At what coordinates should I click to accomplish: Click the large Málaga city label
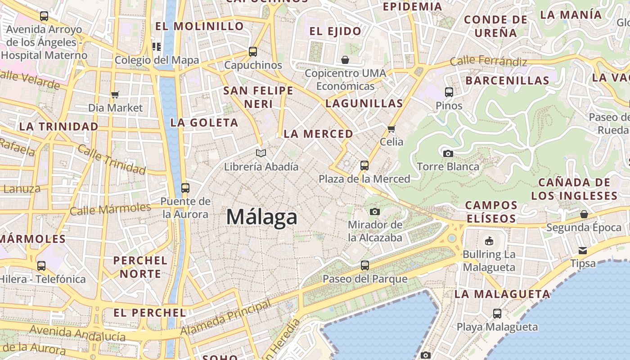pyautogui.click(x=261, y=217)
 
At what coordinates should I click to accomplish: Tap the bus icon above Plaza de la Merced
pyautogui.click(x=364, y=165)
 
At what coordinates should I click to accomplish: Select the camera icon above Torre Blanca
pyautogui.click(x=448, y=153)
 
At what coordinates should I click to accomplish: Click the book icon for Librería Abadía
pyautogui.click(x=261, y=153)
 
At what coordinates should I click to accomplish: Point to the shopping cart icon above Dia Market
pyautogui.click(x=115, y=94)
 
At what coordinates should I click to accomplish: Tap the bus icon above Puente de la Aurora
pyautogui.click(x=185, y=188)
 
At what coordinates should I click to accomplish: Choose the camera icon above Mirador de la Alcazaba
pyautogui.click(x=374, y=211)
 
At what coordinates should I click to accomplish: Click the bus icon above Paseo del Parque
pyautogui.click(x=365, y=265)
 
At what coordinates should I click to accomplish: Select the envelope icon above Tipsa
pyautogui.click(x=583, y=250)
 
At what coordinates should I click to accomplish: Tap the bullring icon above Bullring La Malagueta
pyautogui.click(x=489, y=241)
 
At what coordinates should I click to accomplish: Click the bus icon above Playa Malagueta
pyautogui.click(x=497, y=313)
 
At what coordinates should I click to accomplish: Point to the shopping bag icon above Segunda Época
pyautogui.click(x=584, y=214)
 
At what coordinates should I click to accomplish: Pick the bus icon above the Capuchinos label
pyautogui.click(x=253, y=51)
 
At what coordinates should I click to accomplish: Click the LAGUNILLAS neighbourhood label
pyautogui.click(x=364, y=103)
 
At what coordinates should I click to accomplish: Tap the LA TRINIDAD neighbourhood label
pyautogui.click(x=58, y=126)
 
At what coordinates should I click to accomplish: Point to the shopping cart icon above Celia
pyautogui.click(x=391, y=129)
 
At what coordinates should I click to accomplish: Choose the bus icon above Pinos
pyautogui.click(x=449, y=92)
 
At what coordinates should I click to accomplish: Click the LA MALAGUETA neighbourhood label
pyautogui.click(x=502, y=294)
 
